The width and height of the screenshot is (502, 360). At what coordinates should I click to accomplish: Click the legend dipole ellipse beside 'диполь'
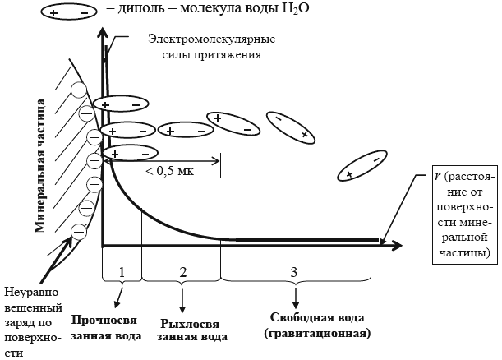click(x=68, y=12)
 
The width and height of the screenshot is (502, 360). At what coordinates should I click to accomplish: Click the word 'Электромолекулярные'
click(x=212, y=39)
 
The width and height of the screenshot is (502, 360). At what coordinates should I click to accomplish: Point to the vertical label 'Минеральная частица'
click(x=40, y=165)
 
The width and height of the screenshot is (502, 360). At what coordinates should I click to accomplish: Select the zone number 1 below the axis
click(x=122, y=272)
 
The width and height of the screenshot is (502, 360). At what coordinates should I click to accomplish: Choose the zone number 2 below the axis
click(x=183, y=272)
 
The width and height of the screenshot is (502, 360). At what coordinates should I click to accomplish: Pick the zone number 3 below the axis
click(x=294, y=272)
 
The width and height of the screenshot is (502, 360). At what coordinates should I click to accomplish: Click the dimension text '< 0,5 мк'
click(x=170, y=171)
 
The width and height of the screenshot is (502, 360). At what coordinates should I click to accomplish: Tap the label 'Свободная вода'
click(x=317, y=318)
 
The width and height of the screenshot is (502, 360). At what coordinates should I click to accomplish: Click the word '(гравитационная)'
click(x=317, y=333)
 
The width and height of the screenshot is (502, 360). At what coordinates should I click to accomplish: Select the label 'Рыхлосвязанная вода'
click(x=192, y=330)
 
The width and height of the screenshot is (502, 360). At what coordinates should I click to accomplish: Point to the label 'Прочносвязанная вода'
click(x=106, y=328)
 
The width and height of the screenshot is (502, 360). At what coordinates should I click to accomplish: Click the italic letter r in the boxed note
click(x=439, y=176)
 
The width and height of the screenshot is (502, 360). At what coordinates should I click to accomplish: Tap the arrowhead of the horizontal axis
click(x=397, y=246)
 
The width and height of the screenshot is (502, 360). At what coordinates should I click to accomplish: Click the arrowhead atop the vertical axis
click(x=103, y=33)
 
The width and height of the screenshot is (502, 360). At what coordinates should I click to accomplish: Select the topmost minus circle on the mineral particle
click(x=78, y=90)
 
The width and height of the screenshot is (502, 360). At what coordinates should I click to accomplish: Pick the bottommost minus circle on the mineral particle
click(x=78, y=232)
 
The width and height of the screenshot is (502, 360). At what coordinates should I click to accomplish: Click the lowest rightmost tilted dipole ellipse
click(x=362, y=166)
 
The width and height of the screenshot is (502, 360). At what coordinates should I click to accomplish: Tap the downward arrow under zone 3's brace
click(x=296, y=298)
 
